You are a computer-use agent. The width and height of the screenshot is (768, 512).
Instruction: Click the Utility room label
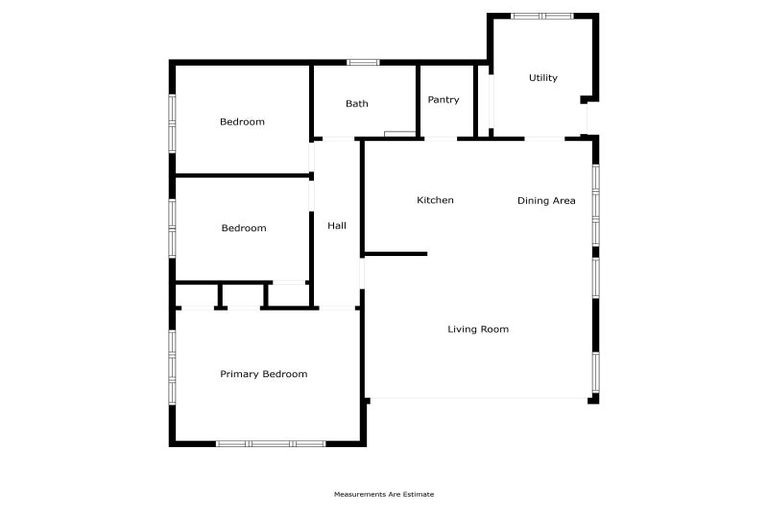(543, 78)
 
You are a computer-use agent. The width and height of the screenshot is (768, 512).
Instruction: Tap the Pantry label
(443, 100)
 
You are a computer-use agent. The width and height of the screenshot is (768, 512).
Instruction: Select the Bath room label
(357, 104)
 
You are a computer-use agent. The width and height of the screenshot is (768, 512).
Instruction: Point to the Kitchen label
(435, 200)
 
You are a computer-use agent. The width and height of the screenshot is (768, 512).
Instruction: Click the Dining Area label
(546, 201)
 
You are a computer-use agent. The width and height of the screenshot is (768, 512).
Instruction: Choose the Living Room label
(478, 329)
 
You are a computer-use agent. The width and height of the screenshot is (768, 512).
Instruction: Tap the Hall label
(337, 226)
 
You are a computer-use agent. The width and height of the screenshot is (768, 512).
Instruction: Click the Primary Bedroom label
(263, 374)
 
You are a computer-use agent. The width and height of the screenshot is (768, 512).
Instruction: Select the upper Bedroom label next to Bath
(242, 122)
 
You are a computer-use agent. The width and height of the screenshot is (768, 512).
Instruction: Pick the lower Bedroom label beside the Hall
(243, 228)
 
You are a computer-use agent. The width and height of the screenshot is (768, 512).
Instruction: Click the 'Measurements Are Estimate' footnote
(384, 494)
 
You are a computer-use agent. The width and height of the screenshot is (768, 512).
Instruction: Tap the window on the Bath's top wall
(363, 63)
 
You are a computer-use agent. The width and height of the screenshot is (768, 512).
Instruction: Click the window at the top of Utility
(542, 16)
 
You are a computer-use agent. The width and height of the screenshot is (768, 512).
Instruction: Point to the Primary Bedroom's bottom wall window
(269, 443)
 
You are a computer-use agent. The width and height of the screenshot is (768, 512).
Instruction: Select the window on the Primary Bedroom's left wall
(172, 367)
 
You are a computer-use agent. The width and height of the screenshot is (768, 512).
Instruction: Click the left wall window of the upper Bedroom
(172, 122)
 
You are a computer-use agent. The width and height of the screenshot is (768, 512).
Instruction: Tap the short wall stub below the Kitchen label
(395, 253)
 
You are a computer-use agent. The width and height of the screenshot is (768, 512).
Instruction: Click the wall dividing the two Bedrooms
(242, 176)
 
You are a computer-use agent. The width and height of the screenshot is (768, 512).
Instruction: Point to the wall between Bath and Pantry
(417, 100)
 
